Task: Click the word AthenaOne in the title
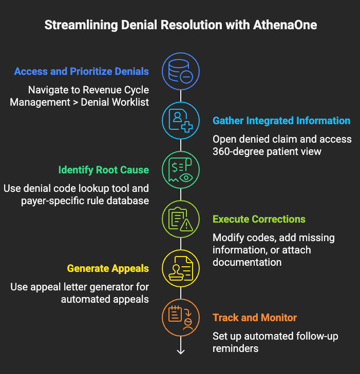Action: click(285, 25)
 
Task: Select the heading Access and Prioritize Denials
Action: click(82, 71)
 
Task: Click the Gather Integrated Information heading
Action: click(281, 121)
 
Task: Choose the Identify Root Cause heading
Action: click(104, 170)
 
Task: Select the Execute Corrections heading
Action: click(259, 219)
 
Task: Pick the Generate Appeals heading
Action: click(108, 268)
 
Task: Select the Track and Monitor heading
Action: click(255, 318)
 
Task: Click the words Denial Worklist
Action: click(115, 102)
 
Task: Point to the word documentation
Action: click(247, 262)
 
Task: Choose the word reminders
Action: click(235, 349)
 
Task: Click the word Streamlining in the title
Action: click(81, 25)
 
